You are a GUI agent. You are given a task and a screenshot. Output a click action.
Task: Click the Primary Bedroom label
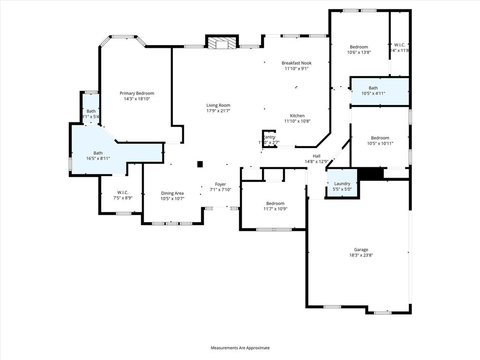coord(136,93)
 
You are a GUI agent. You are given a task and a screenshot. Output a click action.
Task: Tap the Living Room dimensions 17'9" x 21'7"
coord(218,111)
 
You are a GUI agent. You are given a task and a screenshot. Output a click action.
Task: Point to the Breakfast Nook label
coord(296,63)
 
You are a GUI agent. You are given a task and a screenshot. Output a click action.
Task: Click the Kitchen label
coord(297,115)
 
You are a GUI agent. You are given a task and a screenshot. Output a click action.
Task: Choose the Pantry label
coord(269,137)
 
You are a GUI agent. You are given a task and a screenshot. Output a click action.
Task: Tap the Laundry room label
coord(342,184)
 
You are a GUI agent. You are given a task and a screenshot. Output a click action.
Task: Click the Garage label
coord(361,249)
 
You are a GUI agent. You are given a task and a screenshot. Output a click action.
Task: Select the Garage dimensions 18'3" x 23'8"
coord(361,255)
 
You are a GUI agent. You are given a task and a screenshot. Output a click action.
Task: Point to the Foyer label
coord(220,184)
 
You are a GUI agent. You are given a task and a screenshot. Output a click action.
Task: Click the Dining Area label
coord(172,193)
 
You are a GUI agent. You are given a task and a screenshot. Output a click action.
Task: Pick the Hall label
coord(316,156)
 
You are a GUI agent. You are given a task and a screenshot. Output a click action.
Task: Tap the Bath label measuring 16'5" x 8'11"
coord(98,153)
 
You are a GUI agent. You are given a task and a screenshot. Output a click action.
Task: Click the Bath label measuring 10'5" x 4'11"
coord(373,88)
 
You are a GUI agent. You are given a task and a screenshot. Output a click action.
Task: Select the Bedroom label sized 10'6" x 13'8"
coord(359,47)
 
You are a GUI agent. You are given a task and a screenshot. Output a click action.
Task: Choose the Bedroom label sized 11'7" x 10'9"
coord(276,203)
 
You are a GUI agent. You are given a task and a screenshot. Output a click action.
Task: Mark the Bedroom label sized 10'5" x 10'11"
coord(380,138)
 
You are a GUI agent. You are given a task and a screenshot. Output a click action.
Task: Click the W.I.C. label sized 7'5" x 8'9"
coord(123,192)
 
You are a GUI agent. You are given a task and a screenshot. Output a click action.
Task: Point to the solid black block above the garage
coord(370,173)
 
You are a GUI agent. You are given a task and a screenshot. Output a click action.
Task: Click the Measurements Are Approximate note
coord(240,348)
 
